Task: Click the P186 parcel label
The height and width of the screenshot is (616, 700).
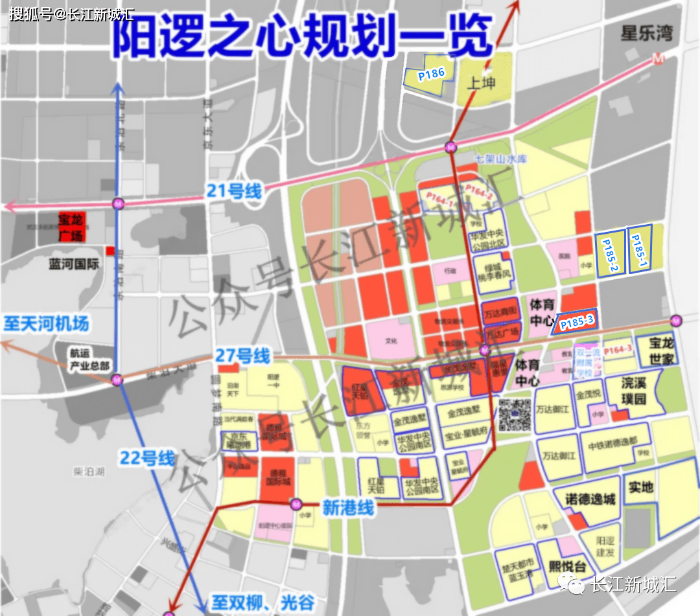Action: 431,74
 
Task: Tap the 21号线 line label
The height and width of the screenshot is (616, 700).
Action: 234,191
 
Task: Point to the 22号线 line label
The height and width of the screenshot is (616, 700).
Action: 147,458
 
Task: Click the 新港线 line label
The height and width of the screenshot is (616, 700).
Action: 349,508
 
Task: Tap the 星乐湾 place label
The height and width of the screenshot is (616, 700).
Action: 646,33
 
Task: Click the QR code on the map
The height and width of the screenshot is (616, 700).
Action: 515,415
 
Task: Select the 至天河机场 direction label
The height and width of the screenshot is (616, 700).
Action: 46,323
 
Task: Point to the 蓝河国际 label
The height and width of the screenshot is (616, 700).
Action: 74,264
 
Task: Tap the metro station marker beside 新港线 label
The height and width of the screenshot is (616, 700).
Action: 296,503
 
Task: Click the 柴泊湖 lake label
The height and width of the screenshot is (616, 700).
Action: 89,473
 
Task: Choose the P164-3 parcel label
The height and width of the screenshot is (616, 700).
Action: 617,350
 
